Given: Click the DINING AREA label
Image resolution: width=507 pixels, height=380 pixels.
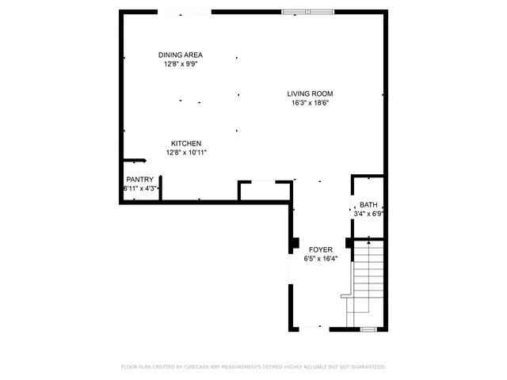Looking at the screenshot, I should click(x=181, y=55).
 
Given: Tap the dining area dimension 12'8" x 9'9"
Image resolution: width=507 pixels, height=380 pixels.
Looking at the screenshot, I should click(x=181, y=63).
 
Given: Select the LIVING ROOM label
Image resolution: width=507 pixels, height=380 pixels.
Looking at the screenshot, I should click(x=309, y=93).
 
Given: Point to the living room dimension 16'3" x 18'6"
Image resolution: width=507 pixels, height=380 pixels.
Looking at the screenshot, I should click(x=309, y=102).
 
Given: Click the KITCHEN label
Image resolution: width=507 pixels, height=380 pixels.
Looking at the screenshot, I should click(x=181, y=143).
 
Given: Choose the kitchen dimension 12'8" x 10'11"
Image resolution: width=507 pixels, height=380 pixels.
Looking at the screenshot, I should click(x=186, y=152).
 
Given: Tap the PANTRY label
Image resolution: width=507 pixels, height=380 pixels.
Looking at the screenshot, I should click(x=139, y=180).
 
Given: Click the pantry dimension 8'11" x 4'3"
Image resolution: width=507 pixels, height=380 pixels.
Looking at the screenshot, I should click(x=140, y=188).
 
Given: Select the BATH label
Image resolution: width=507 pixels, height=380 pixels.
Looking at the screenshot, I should click(x=368, y=204).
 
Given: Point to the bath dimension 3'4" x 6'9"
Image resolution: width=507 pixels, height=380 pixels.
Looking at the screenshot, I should click(x=369, y=213).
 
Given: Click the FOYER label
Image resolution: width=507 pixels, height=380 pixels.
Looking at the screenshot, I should click(x=321, y=249).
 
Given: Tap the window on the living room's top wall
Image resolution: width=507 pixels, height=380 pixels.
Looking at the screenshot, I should click(x=308, y=12).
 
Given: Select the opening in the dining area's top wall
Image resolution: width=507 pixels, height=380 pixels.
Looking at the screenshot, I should click(x=185, y=12).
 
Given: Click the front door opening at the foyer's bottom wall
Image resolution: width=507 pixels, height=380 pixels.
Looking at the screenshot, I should click(x=310, y=328).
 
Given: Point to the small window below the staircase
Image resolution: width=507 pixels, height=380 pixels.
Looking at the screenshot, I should click(x=368, y=328).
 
